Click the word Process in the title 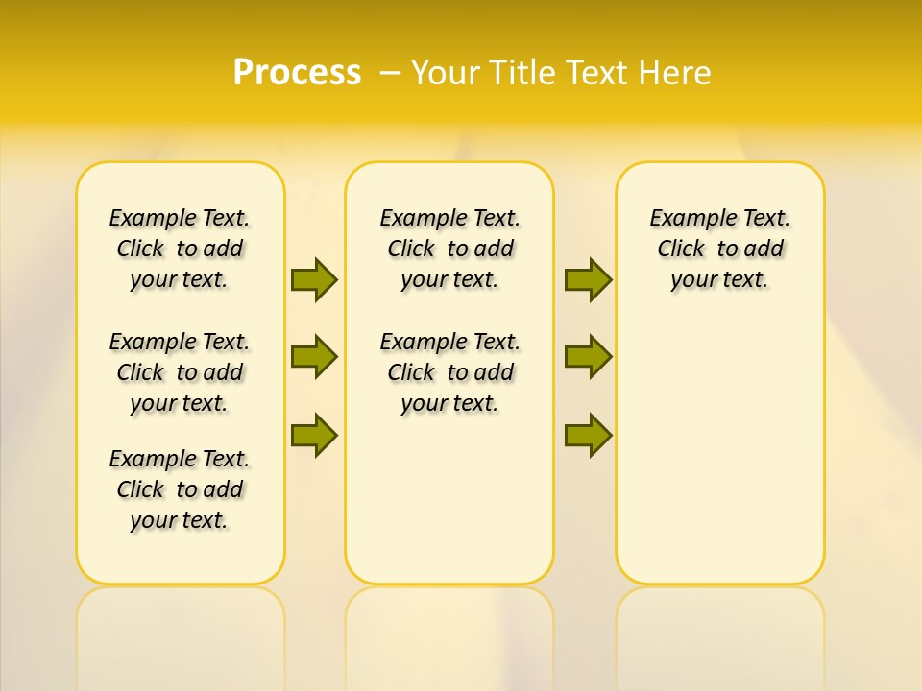point(297,72)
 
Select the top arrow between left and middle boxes point(313,279)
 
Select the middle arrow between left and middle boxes point(313,357)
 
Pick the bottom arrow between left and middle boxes point(313,435)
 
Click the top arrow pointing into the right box point(588,279)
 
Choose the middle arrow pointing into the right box point(588,357)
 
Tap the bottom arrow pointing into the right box point(588,435)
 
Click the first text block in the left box point(180,249)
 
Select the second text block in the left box point(180,372)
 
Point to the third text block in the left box point(180,489)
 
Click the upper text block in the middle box point(449,249)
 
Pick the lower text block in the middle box point(449,372)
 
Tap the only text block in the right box point(719,249)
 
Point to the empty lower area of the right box point(719,461)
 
